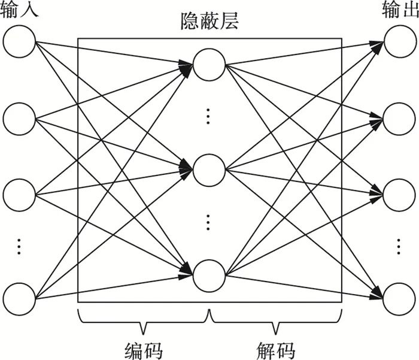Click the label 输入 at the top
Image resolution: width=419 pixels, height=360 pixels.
[x=19, y=10]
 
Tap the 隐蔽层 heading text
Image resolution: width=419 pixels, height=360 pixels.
[x=209, y=22]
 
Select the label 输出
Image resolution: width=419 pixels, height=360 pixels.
[x=399, y=10]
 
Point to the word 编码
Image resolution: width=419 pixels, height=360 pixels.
[x=144, y=349]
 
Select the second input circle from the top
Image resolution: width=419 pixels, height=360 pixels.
[x=19, y=119]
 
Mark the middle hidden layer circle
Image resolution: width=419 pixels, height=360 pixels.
[x=209, y=170]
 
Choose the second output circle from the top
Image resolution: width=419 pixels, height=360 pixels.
[x=399, y=119]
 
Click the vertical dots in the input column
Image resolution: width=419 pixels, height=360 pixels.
[x=19, y=246]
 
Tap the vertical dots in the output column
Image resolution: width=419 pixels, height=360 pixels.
[x=399, y=246]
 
